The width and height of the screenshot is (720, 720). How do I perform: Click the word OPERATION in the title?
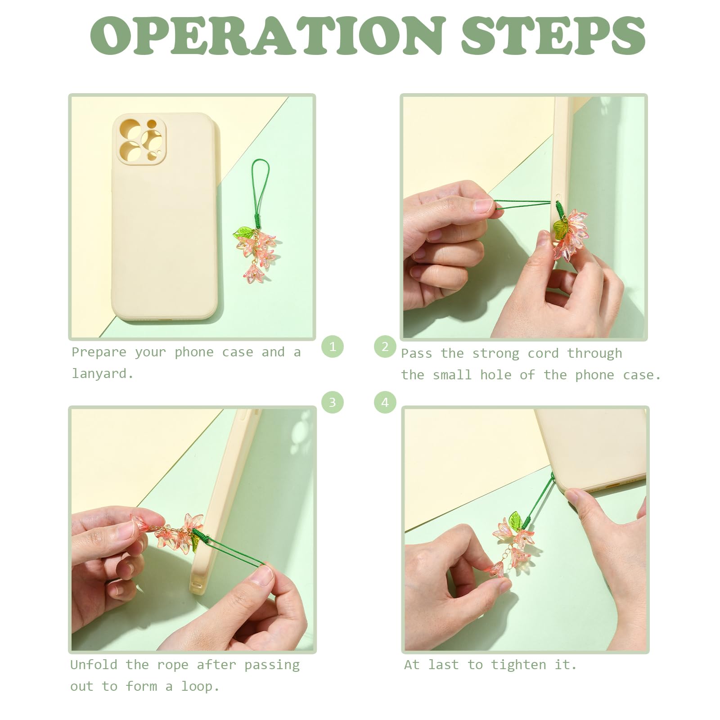267,36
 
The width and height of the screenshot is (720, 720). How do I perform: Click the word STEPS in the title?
553,36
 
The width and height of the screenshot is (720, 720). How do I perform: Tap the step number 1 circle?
333,346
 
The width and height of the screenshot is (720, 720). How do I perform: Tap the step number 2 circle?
385,346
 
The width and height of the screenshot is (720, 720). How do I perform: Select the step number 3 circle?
333,402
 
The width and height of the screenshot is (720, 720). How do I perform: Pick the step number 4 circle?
385,402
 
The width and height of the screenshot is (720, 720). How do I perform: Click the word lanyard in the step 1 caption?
102,373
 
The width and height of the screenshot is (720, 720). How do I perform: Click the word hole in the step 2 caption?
495,375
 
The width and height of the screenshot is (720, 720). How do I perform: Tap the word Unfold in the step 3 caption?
94,665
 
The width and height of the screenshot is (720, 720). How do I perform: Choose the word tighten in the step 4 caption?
518,665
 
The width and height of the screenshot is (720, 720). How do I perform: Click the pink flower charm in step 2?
571,234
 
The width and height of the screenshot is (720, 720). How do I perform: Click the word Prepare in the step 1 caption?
99,352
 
